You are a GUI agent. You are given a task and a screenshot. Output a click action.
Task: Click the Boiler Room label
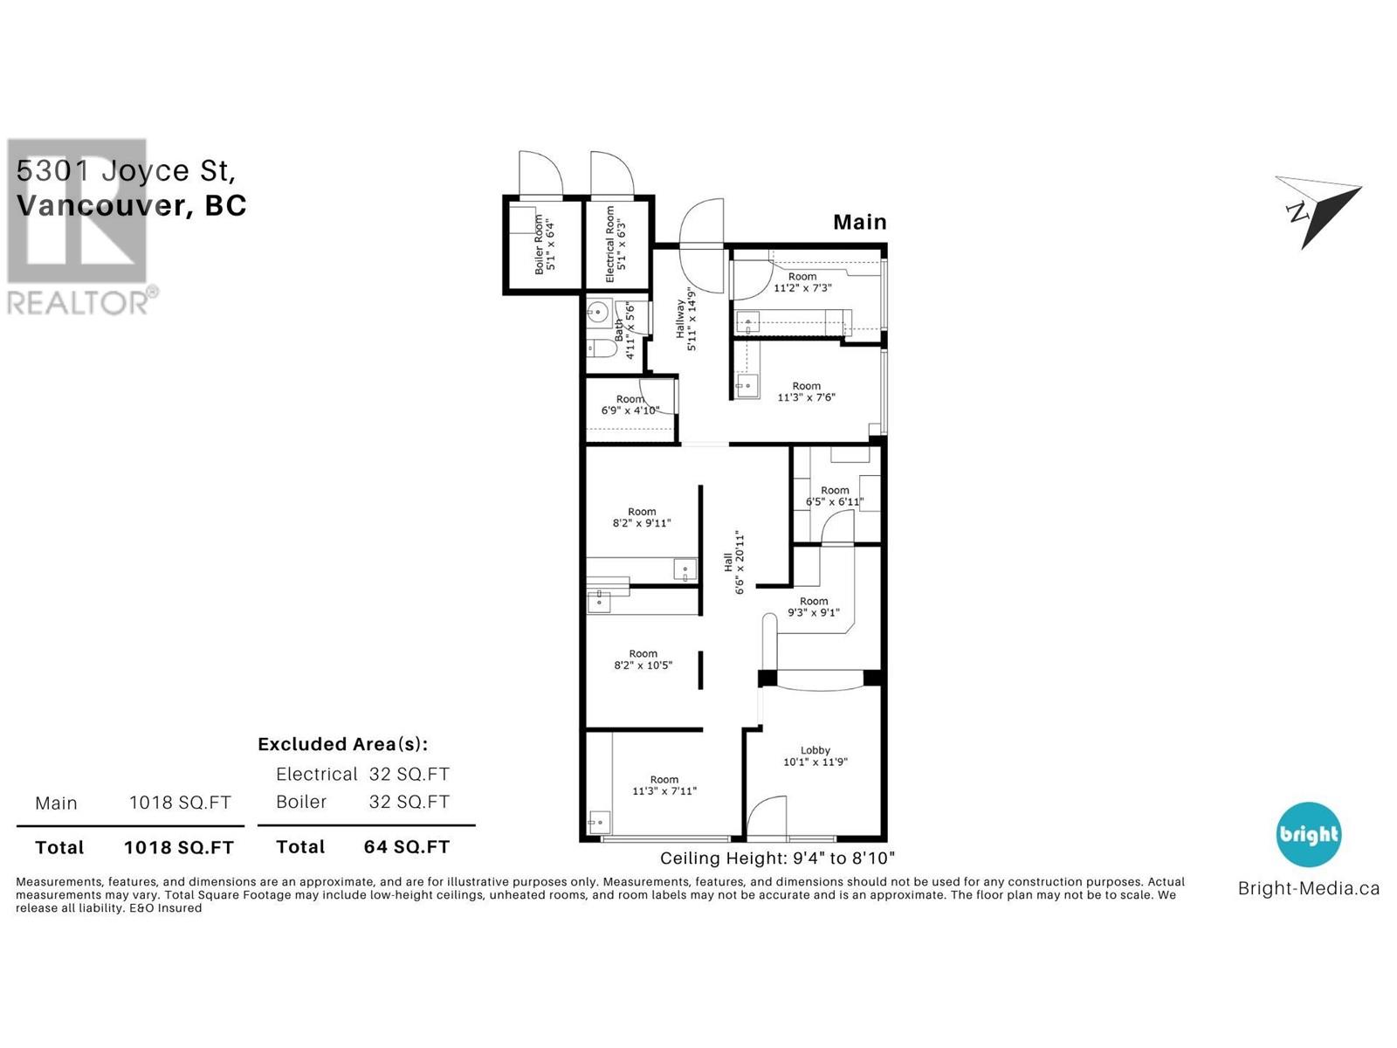545,245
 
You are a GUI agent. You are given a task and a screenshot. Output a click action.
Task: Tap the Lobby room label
815,755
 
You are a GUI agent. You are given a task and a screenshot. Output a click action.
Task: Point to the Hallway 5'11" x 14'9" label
686,319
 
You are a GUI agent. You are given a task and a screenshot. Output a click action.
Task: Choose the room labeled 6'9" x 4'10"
630,404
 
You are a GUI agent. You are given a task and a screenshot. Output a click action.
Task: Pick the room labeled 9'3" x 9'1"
813,606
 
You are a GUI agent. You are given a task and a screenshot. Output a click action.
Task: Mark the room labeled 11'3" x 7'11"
664,785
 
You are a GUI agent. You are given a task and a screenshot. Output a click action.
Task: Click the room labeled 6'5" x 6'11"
835,496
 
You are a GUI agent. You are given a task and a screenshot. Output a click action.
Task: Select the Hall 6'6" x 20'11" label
733,562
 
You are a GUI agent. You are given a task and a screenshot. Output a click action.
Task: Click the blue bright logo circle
1308,834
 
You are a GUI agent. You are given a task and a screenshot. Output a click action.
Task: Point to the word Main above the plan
859,222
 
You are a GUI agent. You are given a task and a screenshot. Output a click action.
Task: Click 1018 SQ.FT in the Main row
180,803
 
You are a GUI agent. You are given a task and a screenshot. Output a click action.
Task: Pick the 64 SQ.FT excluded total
406,846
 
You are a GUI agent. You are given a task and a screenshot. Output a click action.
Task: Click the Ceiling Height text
777,858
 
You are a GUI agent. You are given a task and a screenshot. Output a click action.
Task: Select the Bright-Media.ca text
1308,888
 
